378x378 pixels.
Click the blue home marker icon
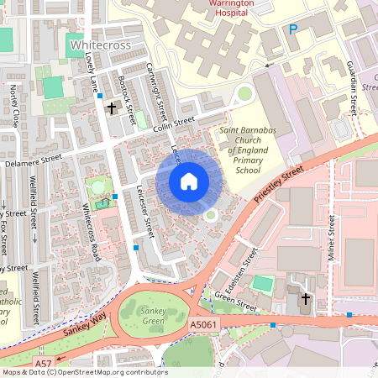[x=189, y=181]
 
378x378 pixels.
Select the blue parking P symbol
[x=293, y=29]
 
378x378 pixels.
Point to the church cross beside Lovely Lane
[x=111, y=108]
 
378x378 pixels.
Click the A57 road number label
[x=42, y=362]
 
